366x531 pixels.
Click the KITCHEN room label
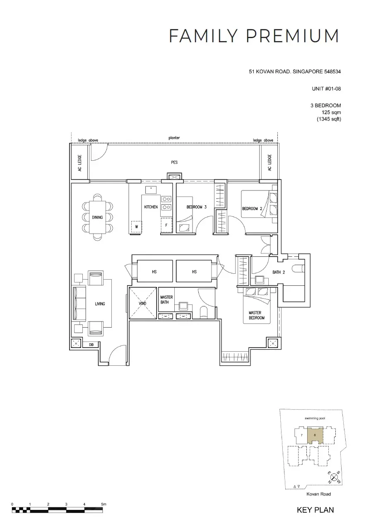(151, 207)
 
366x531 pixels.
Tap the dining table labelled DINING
(97, 217)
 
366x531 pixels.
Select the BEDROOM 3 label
(196, 207)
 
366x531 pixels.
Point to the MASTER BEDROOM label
(256, 315)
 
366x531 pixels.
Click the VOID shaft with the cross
(142, 303)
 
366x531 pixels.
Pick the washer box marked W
(137, 227)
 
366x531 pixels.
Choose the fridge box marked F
(166, 225)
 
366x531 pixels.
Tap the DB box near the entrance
(91, 345)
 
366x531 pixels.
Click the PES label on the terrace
(174, 162)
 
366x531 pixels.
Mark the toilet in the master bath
(204, 312)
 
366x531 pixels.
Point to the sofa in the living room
(79, 304)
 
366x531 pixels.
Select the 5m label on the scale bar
(104, 504)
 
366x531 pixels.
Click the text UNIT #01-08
(326, 89)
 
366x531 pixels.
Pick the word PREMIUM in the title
(292, 36)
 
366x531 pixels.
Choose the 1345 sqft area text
(329, 119)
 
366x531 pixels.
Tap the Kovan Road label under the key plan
(319, 494)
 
